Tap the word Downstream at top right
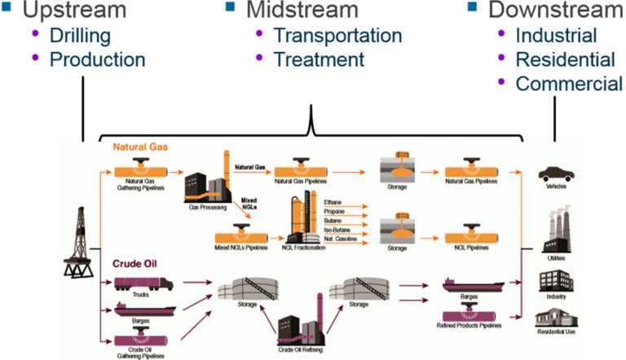[x=555, y=11]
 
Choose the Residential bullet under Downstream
[x=565, y=59]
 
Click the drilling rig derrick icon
[x=82, y=240]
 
